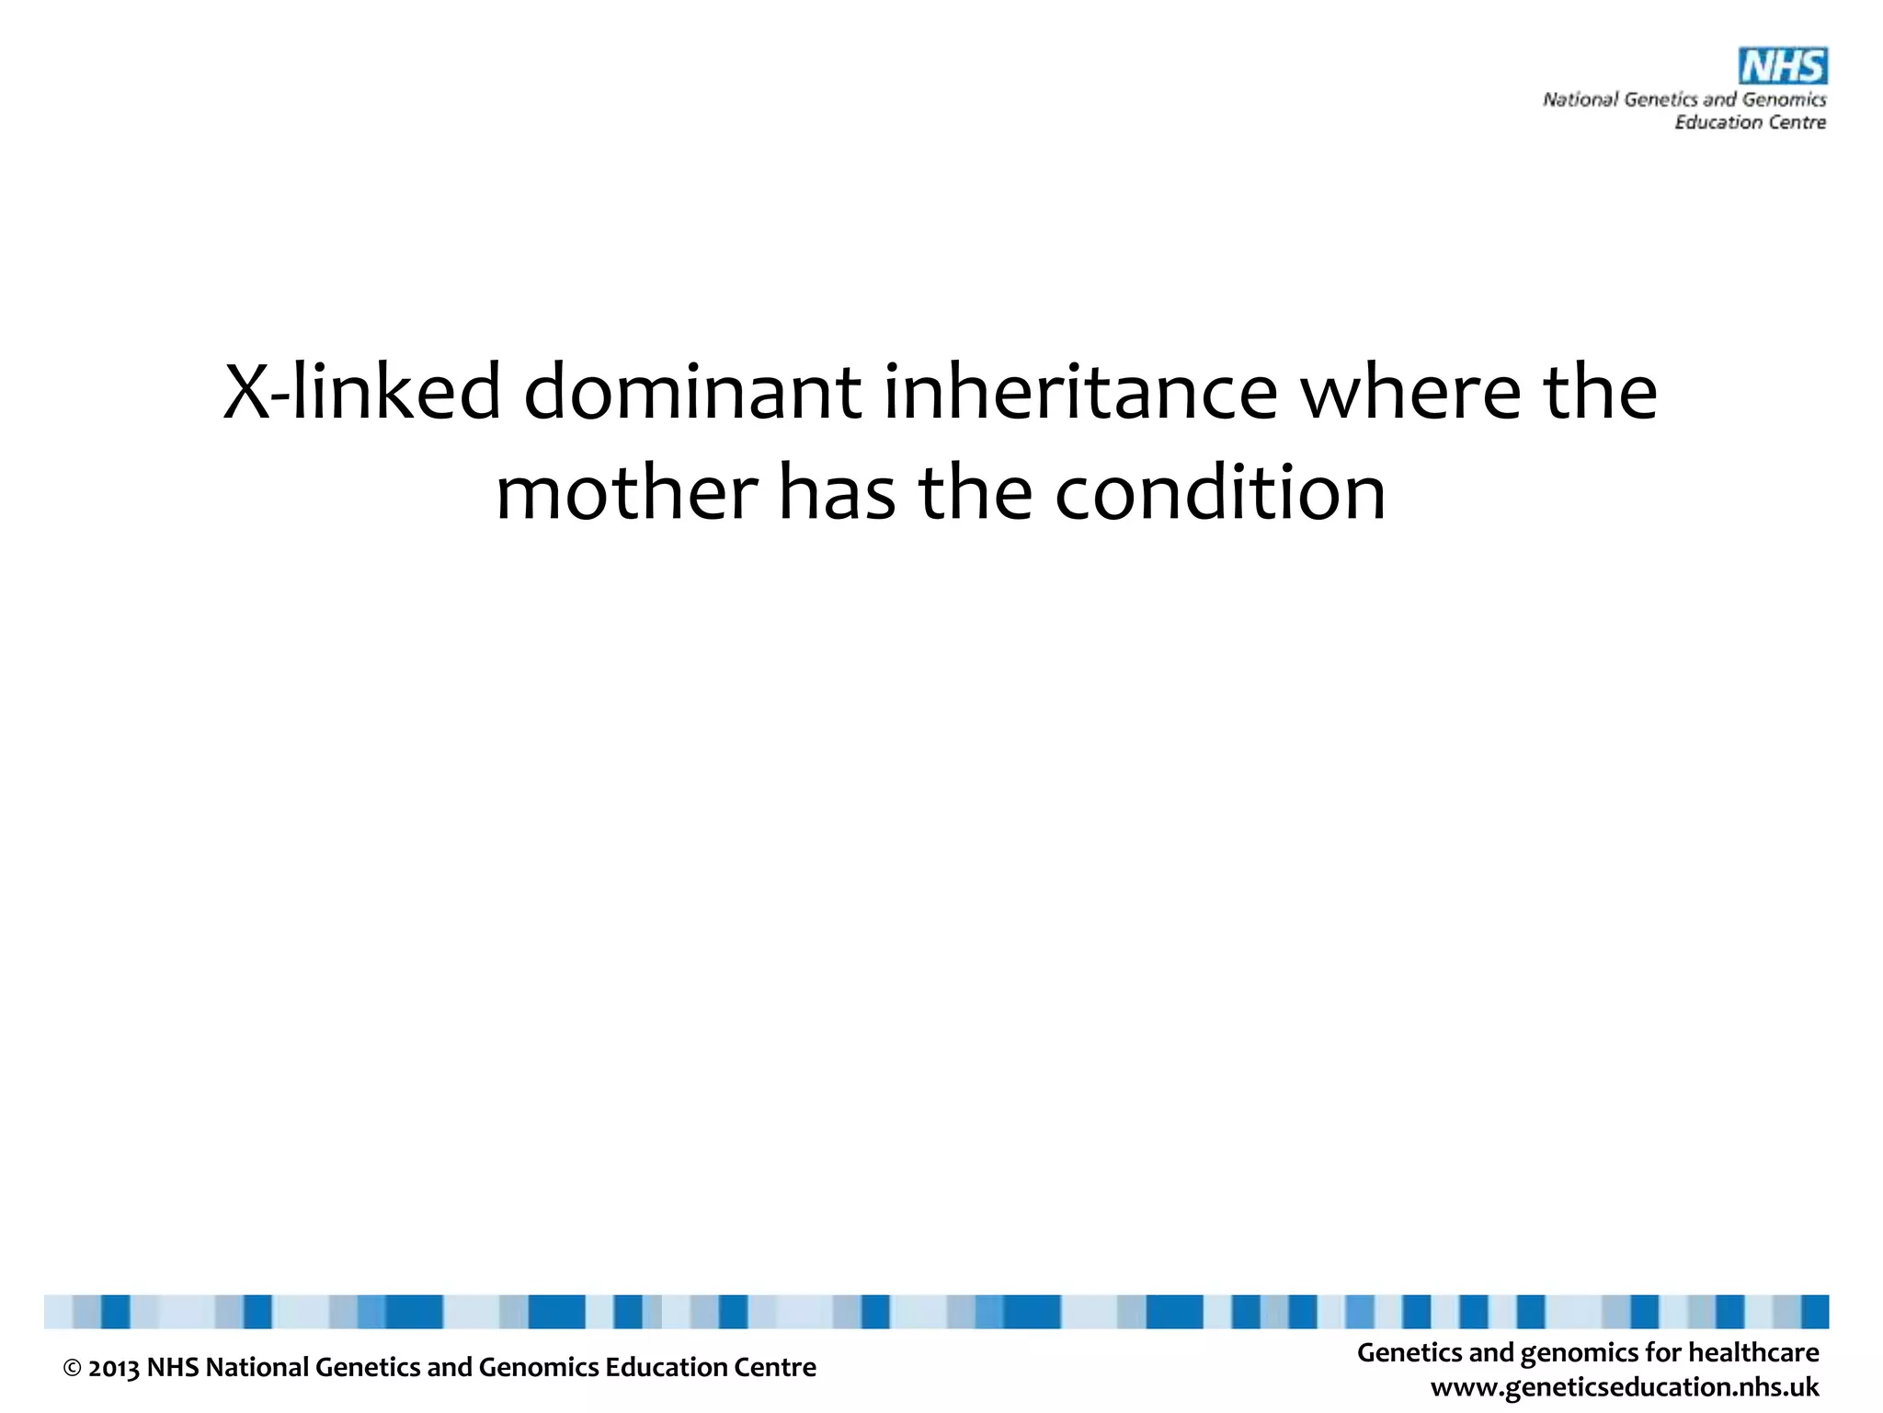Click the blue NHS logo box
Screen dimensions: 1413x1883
point(1782,66)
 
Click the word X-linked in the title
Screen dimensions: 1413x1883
point(362,392)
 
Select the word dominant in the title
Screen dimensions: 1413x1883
point(692,392)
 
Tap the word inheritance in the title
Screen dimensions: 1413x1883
point(1080,392)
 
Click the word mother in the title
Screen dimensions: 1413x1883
point(626,492)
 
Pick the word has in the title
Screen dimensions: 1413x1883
point(837,492)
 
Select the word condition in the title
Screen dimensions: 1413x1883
point(1219,492)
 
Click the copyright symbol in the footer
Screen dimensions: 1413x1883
point(73,1369)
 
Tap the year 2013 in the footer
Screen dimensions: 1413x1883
point(114,1369)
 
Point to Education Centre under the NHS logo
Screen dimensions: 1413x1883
point(1750,122)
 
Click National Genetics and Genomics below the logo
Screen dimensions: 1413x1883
point(1684,99)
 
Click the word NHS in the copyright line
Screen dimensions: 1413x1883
point(173,1368)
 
